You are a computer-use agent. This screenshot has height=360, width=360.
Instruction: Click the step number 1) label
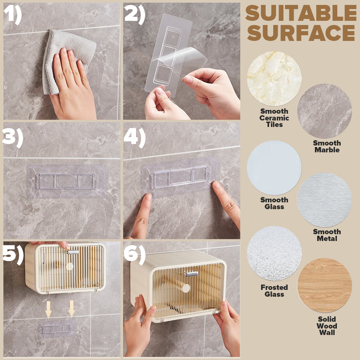click(x=13, y=15)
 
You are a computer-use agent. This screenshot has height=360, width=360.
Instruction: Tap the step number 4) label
click(x=135, y=138)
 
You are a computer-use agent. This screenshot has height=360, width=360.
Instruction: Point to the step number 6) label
click(x=135, y=255)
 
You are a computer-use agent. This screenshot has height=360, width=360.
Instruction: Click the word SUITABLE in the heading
click(x=301, y=13)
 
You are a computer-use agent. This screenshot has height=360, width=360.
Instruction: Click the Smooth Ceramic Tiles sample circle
click(x=274, y=78)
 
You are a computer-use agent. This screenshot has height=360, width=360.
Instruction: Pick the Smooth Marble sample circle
click(x=324, y=111)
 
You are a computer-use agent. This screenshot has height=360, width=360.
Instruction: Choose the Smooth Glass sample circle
click(x=274, y=168)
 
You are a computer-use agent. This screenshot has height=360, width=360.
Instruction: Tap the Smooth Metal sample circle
click(x=324, y=200)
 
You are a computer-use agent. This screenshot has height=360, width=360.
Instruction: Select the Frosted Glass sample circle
click(x=274, y=253)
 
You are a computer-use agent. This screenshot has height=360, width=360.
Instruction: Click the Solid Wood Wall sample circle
click(x=324, y=285)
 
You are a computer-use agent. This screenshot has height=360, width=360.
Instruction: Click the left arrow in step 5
click(x=48, y=309)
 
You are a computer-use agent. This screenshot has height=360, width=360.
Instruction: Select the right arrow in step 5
click(x=72, y=309)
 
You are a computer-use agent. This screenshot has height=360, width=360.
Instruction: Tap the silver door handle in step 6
click(x=192, y=274)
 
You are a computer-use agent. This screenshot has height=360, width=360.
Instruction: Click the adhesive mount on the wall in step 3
click(x=67, y=181)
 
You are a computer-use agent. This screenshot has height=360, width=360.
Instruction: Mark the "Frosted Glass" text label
click(x=274, y=291)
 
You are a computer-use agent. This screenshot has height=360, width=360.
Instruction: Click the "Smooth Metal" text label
click(x=327, y=235)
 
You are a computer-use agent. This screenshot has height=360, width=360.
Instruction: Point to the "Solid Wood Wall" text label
click(x=327, y=326)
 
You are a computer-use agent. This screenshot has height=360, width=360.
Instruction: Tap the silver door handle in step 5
click(x=73, y=252)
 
